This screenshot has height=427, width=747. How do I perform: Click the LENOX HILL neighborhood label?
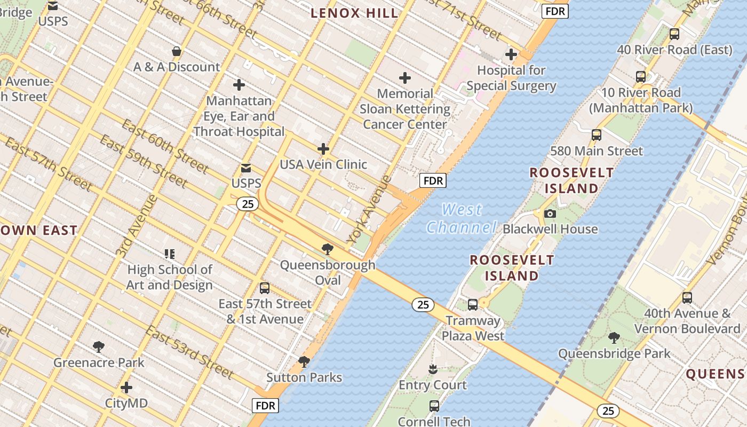354,13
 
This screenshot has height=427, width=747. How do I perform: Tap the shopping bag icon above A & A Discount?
177,51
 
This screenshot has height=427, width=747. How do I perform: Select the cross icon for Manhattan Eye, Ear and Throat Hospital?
239,84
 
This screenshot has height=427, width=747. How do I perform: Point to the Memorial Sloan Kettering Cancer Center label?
405,109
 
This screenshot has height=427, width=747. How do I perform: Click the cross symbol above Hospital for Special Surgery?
511,54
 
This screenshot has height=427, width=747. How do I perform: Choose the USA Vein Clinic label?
323,164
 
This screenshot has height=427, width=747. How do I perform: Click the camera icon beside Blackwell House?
550,213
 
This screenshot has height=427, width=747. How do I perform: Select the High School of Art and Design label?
170,277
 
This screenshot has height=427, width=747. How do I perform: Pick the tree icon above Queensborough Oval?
328,249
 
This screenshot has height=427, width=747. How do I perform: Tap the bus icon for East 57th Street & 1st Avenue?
265,288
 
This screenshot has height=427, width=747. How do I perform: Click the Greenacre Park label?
99,363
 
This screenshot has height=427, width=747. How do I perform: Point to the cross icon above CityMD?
126,387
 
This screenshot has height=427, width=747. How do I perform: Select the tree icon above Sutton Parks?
304,362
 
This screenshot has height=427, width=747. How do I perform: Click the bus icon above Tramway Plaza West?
473,305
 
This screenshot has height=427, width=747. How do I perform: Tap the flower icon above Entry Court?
433,369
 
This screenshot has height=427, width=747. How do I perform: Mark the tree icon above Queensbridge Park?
614,337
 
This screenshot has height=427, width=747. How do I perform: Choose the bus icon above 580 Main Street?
597,135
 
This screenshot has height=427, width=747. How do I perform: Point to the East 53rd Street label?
189,352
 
